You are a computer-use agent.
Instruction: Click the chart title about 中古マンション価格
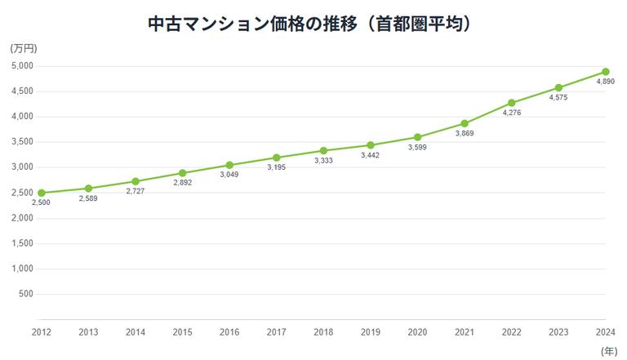click(313, 24)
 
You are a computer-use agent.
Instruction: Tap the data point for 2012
click(42, 193)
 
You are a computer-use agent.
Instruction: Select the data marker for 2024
click(605, 72)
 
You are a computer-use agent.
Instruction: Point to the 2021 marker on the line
click(465, 124)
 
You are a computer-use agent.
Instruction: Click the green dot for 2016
click(229, 165)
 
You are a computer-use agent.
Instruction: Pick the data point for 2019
click(371, 145)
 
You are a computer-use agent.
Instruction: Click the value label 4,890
click(605, 82)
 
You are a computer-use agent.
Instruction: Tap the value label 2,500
click(42, 202)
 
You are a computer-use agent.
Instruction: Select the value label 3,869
click(465, 133)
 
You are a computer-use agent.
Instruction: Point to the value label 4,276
click(511, 113)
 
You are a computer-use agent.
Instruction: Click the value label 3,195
click(276, 167)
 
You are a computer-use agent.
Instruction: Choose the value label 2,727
click(136, 191)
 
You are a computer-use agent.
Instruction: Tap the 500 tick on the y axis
click(25, 294)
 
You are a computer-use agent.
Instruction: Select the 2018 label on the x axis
click(323, 332)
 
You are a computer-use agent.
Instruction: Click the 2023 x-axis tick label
click(558, 332)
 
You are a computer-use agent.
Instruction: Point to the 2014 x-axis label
click(136, 332)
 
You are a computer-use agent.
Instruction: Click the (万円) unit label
click(24, 48)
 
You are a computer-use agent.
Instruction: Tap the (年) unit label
click(609, 351)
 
